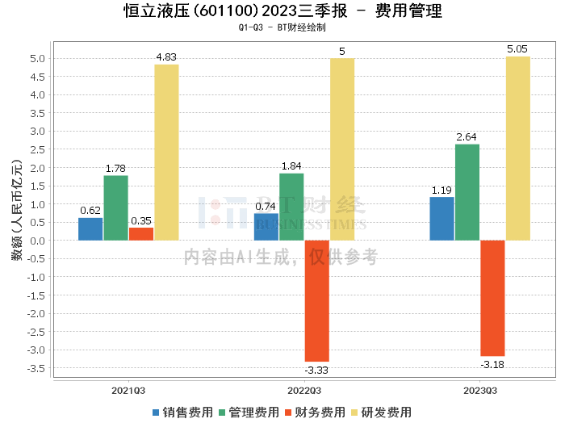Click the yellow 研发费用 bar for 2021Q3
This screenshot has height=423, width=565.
pos(166,152)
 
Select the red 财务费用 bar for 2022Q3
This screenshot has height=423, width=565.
pos(316,300)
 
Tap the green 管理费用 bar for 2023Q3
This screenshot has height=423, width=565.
pos(467,192)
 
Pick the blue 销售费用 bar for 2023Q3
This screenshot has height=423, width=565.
pos(442,218)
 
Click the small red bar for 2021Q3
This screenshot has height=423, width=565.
pos(141,233)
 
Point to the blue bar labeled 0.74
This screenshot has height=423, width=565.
pos(266,226)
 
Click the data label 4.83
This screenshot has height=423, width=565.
pos(166,57)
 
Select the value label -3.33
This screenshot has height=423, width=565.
pos(316,370)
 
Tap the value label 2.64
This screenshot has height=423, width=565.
pos(467,137)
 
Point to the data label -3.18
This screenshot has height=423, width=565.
pos(492,364)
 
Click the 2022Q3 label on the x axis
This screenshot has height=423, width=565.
pos(304,390)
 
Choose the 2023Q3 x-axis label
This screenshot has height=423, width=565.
pos(480,390)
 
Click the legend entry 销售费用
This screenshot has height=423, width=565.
pos(182,412)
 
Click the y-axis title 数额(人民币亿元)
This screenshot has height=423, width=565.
pos(17,210)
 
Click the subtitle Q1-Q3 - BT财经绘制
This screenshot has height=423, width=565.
pos(282,28)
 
